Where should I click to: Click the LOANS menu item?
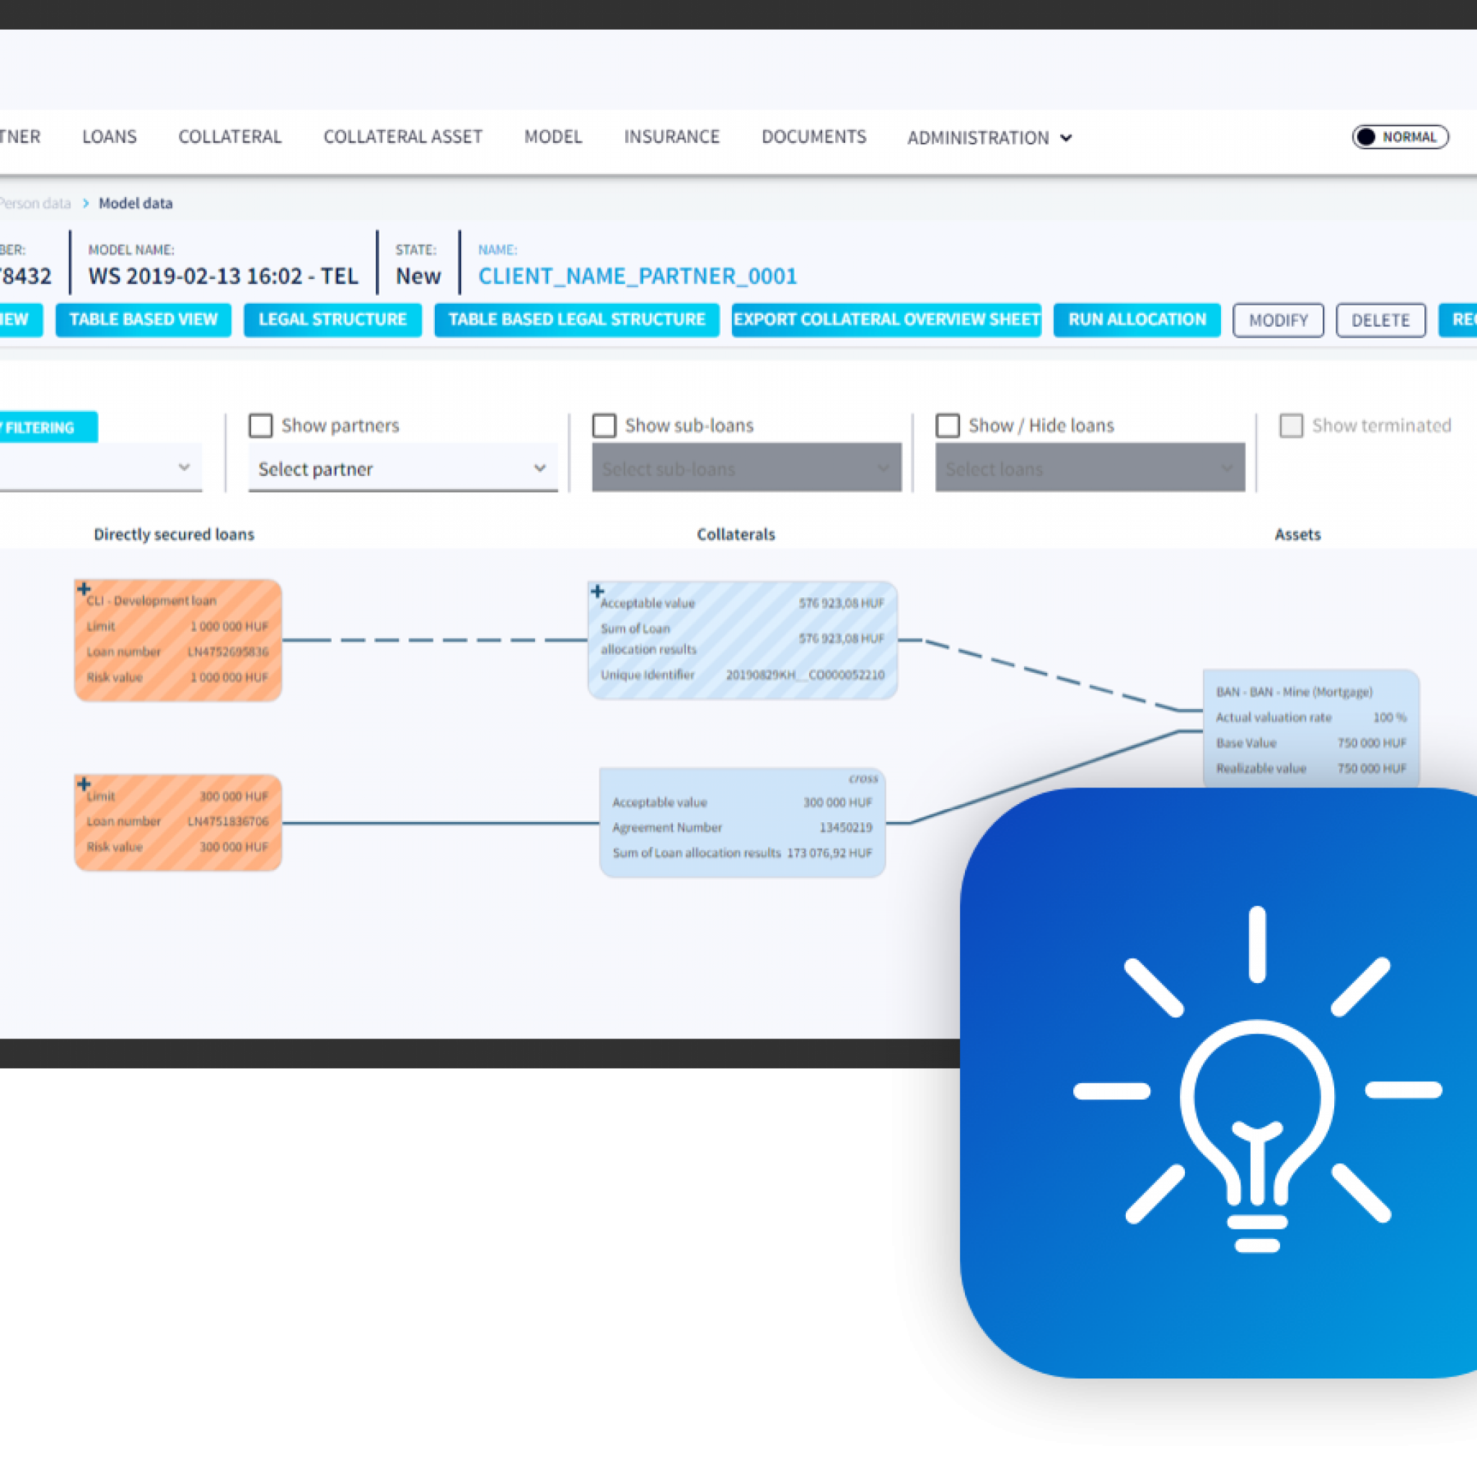(110, 137)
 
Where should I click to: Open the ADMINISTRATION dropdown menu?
(989, 138)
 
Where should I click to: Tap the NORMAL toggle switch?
(1400, 137)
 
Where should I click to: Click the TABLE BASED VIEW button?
(143, 319)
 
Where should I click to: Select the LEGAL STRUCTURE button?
(332, 319)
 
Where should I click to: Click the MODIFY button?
(1277, 320)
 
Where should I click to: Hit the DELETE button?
(1380, 320)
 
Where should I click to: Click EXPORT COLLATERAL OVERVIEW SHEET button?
(886, 319)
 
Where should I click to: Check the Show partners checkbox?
(260, 426)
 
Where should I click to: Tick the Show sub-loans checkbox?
(604, 426)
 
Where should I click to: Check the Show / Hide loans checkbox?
(947, 426)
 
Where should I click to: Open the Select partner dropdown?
(402, 469)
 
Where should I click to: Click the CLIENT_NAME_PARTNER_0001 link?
(637, 276)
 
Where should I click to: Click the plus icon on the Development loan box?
(84, 588)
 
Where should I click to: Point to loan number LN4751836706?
(228, 821)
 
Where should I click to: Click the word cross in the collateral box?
(863, 778)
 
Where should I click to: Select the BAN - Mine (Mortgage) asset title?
(1294, 692)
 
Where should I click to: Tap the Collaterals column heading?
(736, 534)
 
